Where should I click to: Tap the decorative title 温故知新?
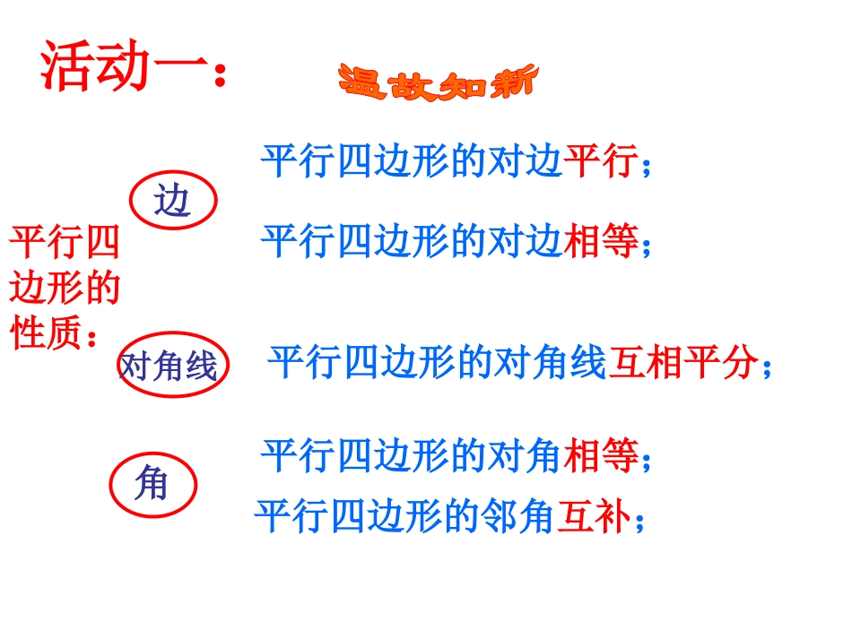(x=438, y=82)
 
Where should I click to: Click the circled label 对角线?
(x=169, y=367)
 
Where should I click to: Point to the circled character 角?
(x=152, y=486)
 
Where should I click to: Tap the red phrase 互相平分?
(x=682, y=365)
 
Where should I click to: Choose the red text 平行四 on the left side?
(x=65, y=244)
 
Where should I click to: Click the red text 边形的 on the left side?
(x=65, y=289)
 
